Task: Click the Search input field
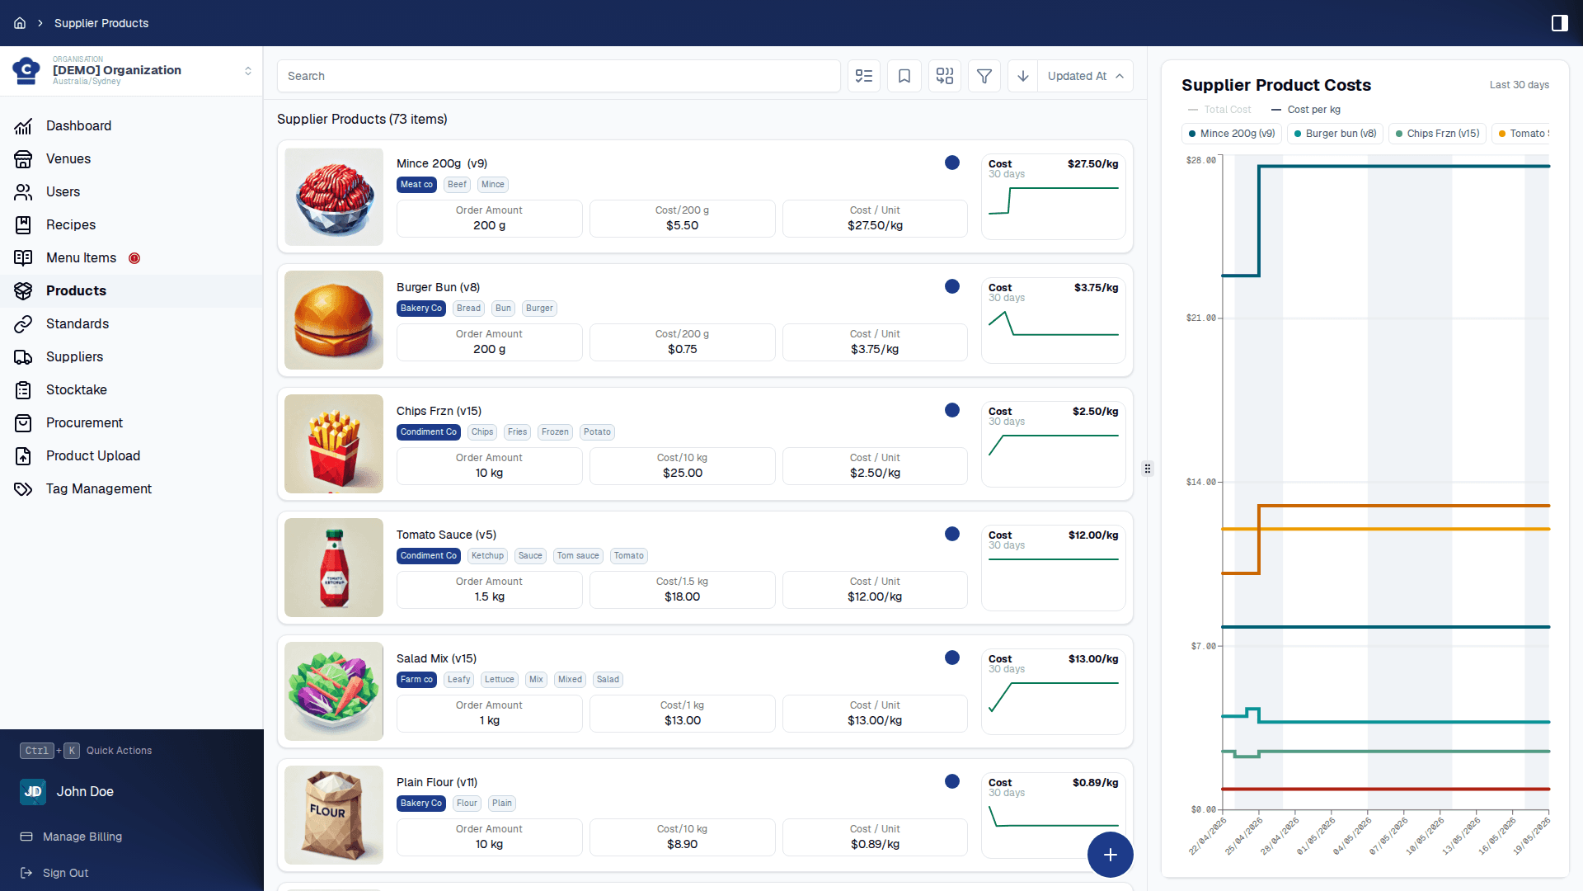pos(558,76)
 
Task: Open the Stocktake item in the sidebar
pos(76,389)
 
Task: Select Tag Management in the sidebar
pos(98,488)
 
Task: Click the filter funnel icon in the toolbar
pos(984,76)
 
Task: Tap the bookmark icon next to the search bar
pos(904,76)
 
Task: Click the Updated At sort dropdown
pos(1085,76)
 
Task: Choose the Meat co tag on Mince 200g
pos(416,185)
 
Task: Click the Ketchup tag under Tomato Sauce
pos(487,556)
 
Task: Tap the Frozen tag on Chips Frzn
pos(555,432)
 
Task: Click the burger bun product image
pos(334,320)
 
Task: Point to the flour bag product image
pos(334,815)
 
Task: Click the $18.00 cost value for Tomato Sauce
pos(683,596)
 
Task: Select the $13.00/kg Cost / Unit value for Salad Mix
pos(875,720)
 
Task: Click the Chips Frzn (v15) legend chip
pos(1437,134)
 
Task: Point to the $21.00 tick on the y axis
pos(1200,318)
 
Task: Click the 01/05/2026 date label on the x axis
pos(1316,836)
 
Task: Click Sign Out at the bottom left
pos(65,873)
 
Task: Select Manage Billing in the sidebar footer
pos(82,837)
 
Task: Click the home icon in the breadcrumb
pos(20,23)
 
